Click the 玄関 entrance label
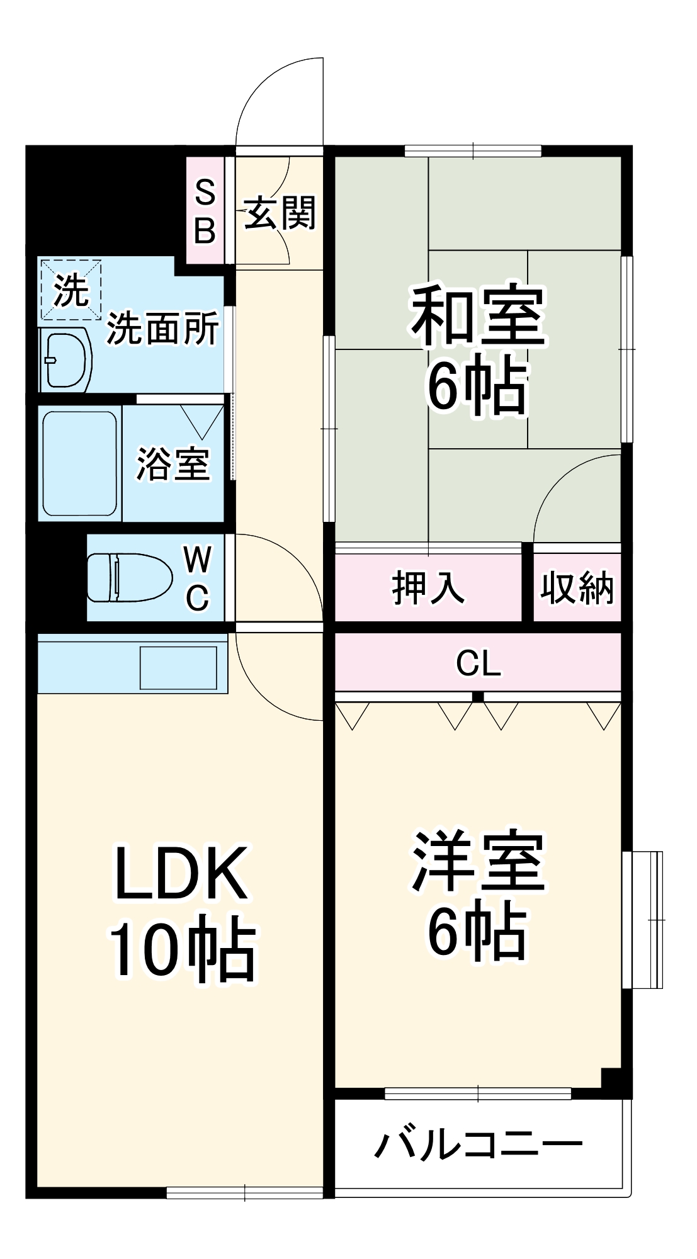pyautogui.click(x=279, y=213)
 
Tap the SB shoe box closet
pyautogui.click(x=205, y=211)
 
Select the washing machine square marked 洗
pyautogui.click(x=71, y=290)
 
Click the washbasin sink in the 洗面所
pyautogui.click(x=65, y=359)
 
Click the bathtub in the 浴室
pyautogui.click(x=80, y=463)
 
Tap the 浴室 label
pyautogui.click(x=173, y=464)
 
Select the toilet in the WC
pyautogui.click(x=129, y=577)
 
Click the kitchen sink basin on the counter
pyautogui.click(x=178, y=667)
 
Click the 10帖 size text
pyautogui.click(x=183, y=949)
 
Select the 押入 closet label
pyautogui.click(x=428, y=587)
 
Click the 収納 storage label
pyautogui.click(x=577, y=588)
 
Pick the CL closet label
pyautogui.click(x=478, y=663)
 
